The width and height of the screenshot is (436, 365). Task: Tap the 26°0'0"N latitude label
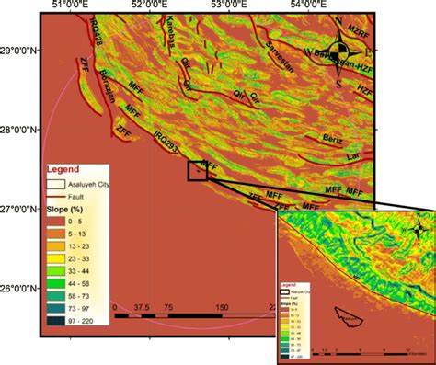(19, 288)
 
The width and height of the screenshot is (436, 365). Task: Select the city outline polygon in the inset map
(349, 319)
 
